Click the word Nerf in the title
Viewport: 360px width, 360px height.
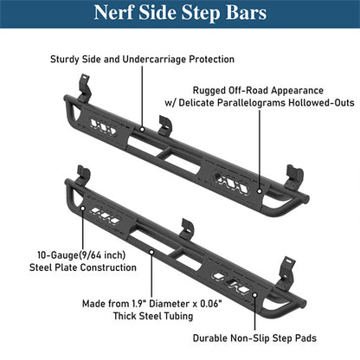(x=113, y=13)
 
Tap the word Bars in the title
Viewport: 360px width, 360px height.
(x=246, y=13)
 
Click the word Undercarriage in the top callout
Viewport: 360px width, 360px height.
(x=154, y=60)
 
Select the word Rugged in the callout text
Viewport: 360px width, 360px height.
(x=209, y=90)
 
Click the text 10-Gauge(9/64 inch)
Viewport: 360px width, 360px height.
(x=81, y=255)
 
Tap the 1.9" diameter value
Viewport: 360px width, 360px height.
(x=139, y=304)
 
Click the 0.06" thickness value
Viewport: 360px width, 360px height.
(x=211, y=304)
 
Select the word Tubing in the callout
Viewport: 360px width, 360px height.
(x=178, y=316)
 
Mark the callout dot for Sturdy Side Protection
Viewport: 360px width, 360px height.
(x=142, y=129)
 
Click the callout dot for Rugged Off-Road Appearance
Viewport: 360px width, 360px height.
(x=260, y=191)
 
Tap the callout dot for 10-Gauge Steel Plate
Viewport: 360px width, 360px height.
(x=83, y=208)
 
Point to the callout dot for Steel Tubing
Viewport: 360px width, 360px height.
(x=151, y=252)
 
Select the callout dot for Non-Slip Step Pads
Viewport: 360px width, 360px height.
(x=254, y=295)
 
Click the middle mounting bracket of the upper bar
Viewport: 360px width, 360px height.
(x=165, y=125)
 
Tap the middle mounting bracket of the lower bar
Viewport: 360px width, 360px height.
(x=187, y=229)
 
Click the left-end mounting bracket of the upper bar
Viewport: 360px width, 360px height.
(x=85, y=87)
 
